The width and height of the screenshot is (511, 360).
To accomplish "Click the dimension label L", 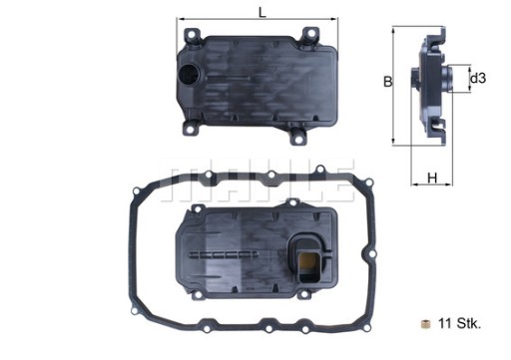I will (x=261, y=12).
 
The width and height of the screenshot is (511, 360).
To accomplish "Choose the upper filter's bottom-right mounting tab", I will (x=303, y=135).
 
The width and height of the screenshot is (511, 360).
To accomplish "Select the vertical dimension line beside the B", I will (x=397, y=85).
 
